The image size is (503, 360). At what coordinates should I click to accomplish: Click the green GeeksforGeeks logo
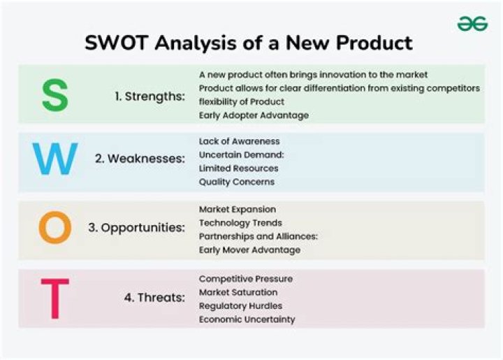click(x=472, y=24)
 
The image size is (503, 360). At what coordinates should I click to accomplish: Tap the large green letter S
click(x=54, y=96)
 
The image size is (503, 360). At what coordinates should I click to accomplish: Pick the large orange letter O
click(x=54, y=228)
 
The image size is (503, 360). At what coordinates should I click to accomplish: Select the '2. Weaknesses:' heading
click(x=140, y=159)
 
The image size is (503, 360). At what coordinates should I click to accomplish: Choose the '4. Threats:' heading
click(x=154, y=297)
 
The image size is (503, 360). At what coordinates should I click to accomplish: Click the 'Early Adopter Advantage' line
click(x=254, y=115)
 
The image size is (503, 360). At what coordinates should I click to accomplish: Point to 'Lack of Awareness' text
click(x=239, y=141)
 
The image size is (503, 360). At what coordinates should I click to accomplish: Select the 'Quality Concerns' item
click(x=237, y=182)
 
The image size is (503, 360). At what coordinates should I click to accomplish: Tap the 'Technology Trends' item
click(x=240, y=222)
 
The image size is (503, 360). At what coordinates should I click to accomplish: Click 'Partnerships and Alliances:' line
click(x=258, y=236)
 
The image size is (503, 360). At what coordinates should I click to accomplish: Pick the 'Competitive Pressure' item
click(x=246, y=279)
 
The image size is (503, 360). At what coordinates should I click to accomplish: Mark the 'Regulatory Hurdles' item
click(x=241, y=306)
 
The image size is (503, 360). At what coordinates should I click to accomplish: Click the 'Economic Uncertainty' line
click(x=247, y=319)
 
